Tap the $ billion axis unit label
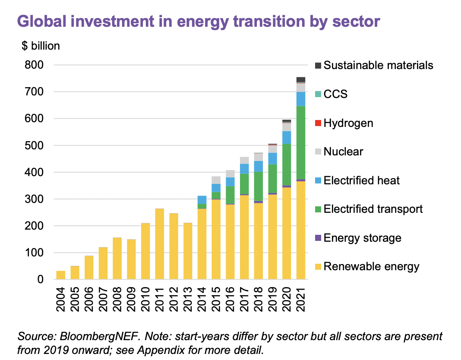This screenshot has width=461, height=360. coord(41,46)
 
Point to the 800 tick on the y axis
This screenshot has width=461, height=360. coord(34,65)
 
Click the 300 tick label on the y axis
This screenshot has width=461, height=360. coord(34,199)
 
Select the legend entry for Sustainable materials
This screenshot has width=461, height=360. coord(378,65)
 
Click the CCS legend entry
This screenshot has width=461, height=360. coord(335,94)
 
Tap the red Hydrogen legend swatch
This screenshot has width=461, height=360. coord(318,123)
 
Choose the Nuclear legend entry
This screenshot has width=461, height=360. coord(343,152)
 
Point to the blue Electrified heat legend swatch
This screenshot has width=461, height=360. coord(318,180)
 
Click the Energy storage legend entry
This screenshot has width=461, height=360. coord(362,238)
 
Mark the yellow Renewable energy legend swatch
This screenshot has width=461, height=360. coord(318,267)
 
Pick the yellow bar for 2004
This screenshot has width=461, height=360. coord(61,275)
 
